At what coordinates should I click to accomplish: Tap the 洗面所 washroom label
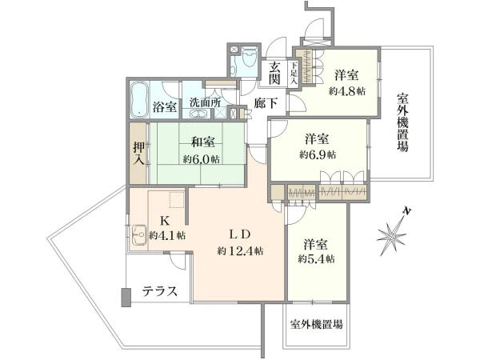(205, 103)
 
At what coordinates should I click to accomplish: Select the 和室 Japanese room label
(202, 142)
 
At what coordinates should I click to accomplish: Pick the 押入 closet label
(138, 152)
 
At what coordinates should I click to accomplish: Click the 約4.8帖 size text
(346, 91)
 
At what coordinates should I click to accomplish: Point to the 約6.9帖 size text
(318, 154)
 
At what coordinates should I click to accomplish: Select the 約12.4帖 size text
(241, 250)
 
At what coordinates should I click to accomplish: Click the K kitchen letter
(166, 221)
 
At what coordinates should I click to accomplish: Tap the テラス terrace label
(160, 292)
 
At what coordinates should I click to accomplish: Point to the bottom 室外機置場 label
(317, 325)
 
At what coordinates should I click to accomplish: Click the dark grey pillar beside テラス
(126, 297)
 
